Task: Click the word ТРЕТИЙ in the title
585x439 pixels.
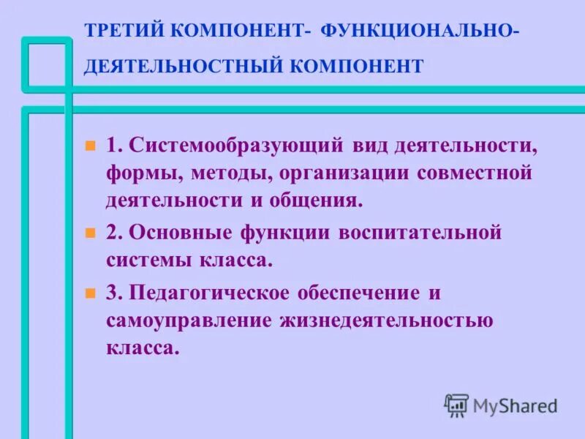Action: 125,32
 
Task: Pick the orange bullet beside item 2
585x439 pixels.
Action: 91,233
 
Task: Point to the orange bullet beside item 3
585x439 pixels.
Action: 91,293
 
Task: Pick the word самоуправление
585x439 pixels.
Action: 189,320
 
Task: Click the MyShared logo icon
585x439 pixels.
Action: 456,404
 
